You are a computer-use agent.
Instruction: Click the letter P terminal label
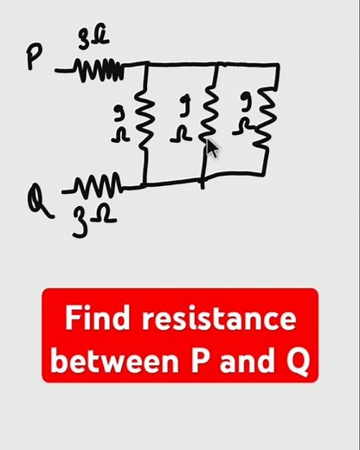pyautogui.click(x=33, y=58)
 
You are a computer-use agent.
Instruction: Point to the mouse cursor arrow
pyautogui.click(x=211, y=149)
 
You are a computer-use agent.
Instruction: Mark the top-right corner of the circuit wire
pyautogui.click(x=277, y=65)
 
